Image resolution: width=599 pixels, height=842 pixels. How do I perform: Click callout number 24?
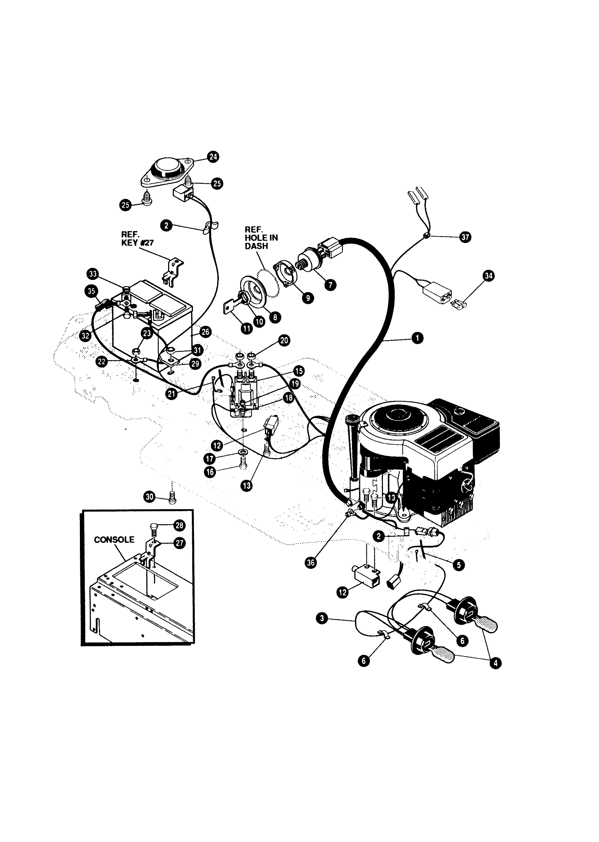point(213,157)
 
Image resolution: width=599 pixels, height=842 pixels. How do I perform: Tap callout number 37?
point(465,237)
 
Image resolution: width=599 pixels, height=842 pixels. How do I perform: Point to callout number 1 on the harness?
point(417,338)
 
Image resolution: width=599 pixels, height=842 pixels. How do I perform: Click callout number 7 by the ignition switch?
point(330,285)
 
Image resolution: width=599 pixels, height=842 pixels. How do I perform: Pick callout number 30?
point(149,497)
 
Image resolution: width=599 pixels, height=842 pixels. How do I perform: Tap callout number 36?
point(311,563)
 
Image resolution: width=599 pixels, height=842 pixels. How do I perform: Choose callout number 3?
point(323,618)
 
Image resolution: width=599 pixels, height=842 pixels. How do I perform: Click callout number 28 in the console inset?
point(179,525)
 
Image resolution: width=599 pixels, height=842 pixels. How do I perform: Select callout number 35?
point(91,291)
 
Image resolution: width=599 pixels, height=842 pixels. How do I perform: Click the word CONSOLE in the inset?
point(114,540)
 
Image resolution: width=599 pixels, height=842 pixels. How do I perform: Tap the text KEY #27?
point(137,243)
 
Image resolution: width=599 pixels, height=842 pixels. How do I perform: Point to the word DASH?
point(256,246)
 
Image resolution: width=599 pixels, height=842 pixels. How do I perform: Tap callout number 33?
point(93,274)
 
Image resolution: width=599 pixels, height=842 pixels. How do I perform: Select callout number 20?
point(284,341)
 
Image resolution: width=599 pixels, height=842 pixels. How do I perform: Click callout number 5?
point(459,565)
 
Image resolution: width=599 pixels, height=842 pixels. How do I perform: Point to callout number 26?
point(205,332)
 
